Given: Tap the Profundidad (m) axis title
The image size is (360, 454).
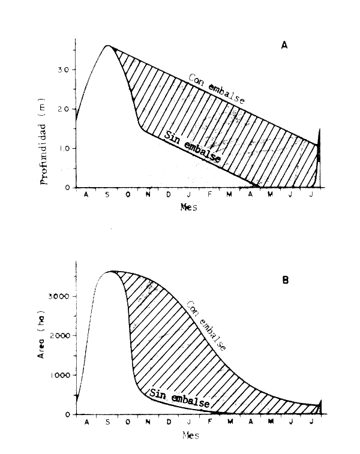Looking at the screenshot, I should [x=44, y=136].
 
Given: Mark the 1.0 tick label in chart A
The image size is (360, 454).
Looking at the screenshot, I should [x=64, y=148].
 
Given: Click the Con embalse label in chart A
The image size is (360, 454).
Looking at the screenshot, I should [x=216, y=89].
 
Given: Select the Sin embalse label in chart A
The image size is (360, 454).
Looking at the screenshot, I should [x=191, y=149].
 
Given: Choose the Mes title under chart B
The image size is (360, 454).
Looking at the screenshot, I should [x=190, y=436].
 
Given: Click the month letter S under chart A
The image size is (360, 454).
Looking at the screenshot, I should [x=107, y=195].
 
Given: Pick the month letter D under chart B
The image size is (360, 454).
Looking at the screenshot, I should [x=169, y=423].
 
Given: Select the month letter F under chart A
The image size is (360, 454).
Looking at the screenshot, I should [x=209, y=195].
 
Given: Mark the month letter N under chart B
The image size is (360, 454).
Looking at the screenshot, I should [x=148, y=423].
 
